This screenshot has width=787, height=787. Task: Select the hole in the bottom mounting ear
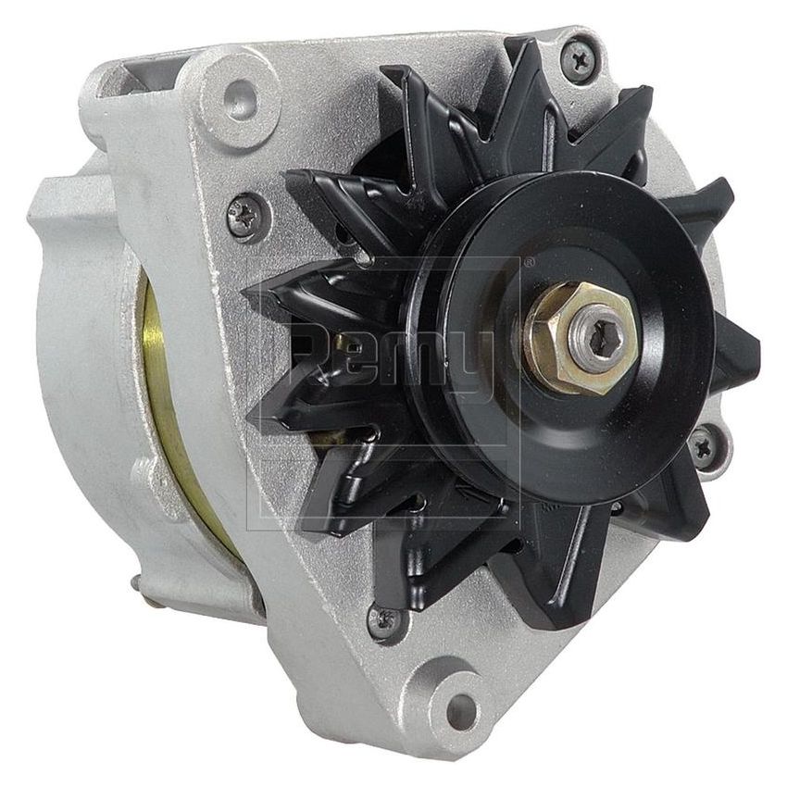tap(459, 710)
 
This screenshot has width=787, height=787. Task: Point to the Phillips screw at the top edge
tap(581, 58)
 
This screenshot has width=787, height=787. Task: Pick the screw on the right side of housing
tap(703, 449)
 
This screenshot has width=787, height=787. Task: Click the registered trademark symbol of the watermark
tap(529, 263)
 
